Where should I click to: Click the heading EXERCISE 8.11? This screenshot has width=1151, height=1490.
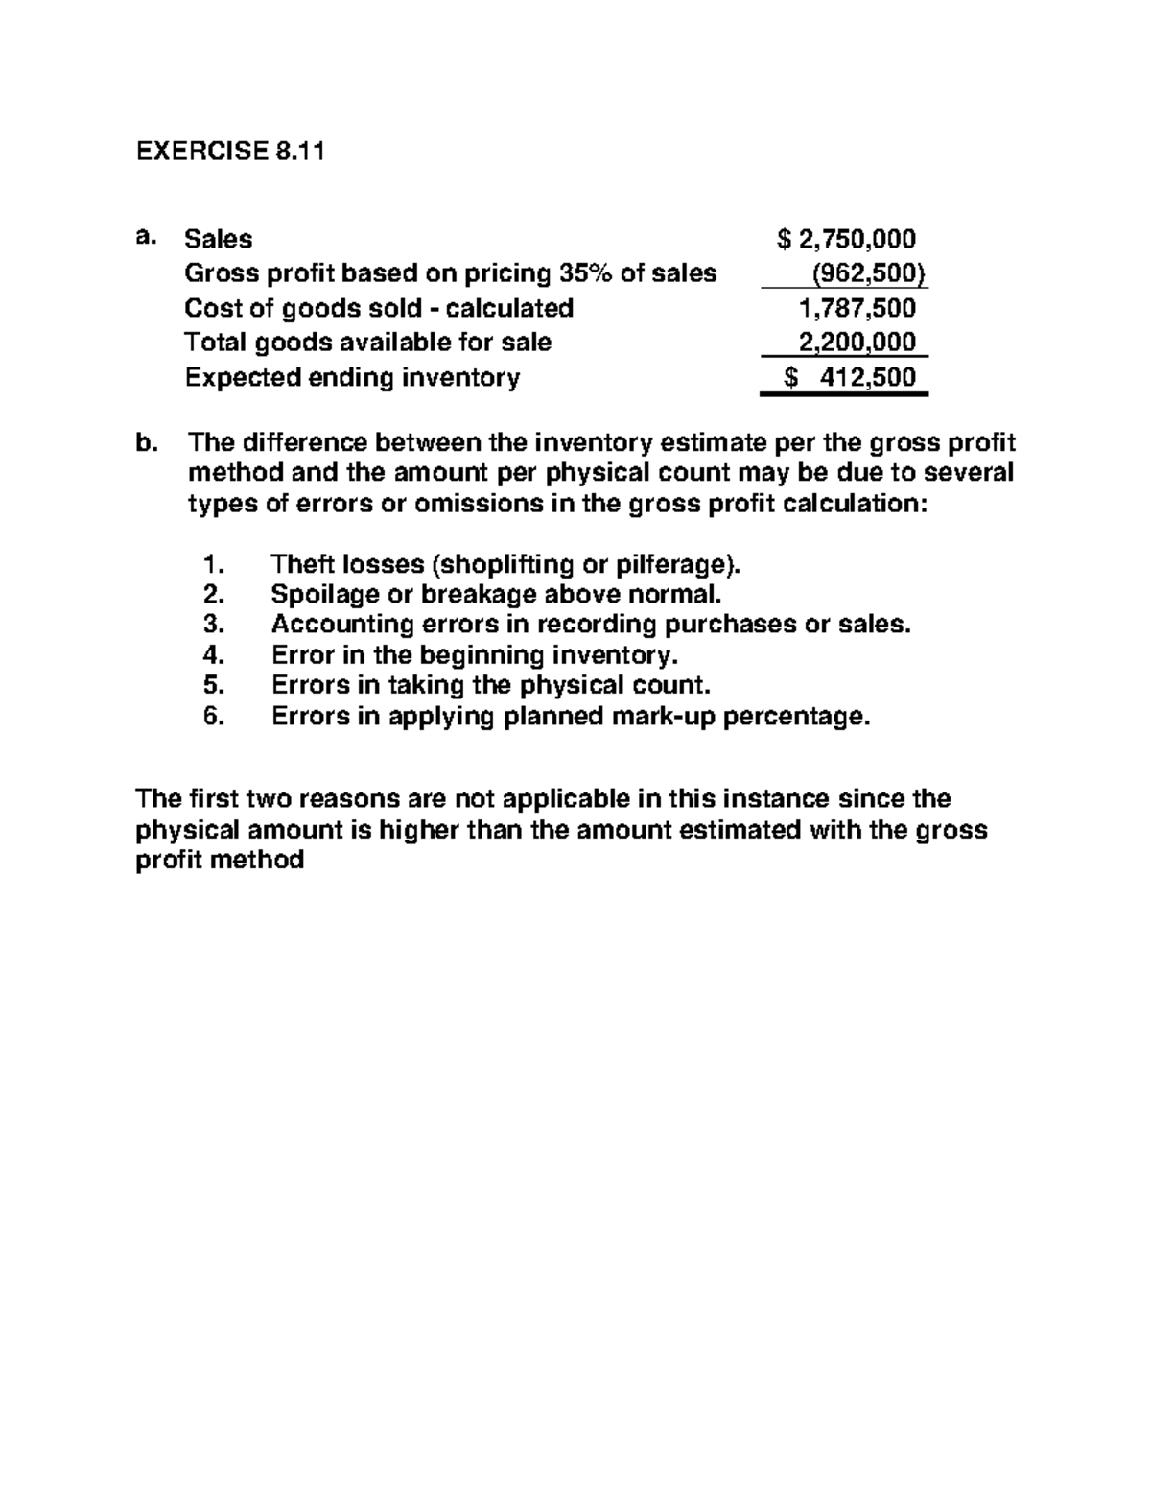coord(230,152)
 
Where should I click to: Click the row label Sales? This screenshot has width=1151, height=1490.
coord(219,239)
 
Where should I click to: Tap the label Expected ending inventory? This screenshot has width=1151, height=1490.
coord(352,377)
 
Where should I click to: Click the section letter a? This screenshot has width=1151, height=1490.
coord(145,237)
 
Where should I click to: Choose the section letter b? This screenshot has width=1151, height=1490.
coord(145,443)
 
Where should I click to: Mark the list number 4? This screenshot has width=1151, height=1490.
coord(213,655)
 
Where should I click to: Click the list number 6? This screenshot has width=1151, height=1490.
coord(213,717)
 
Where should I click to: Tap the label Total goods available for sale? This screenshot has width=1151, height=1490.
coord(367,343)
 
